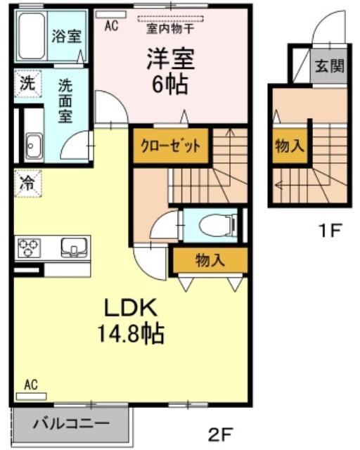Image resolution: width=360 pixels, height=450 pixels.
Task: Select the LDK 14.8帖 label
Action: click(131, 321)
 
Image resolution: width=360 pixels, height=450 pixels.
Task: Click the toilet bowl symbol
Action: click(217, 226)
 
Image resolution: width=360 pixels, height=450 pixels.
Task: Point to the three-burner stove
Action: click(28, 247)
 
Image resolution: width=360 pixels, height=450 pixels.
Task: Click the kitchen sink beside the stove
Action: click(74, 247)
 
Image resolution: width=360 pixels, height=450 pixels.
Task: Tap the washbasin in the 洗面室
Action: click(34, 146)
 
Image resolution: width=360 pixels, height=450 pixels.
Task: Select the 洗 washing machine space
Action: click(28, 84)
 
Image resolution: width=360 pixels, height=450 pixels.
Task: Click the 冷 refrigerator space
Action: click(28, 184)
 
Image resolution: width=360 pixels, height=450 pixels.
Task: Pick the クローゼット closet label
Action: click(170, 146)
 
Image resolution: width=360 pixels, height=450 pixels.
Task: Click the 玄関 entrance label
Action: click(329, 66)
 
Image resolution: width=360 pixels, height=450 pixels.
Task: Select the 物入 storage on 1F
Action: click(290, 146)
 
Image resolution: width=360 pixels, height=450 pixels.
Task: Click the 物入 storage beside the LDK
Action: click(210, 261)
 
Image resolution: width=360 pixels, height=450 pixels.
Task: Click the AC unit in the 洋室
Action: click(111, 15)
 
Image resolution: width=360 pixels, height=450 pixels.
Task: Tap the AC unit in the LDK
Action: click(32, 397)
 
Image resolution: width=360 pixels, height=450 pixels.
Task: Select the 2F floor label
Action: click(220, 435)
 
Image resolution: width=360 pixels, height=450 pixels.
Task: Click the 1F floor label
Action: click(330, 231)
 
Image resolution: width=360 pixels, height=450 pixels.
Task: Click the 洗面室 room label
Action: click(65, 101)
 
